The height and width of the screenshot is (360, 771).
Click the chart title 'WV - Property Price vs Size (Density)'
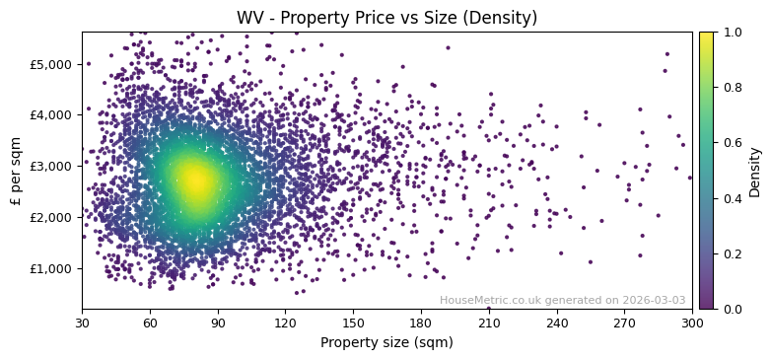click(x=386, y=18)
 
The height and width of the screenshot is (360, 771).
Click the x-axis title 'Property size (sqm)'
click(x=386, y=342)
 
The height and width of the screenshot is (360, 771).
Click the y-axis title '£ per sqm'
click(x=16, y=171)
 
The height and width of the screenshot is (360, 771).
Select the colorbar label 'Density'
click(x=754, y=171)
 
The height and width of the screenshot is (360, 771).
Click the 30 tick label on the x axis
click(x=82, y=322)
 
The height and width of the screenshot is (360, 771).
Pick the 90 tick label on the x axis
click(x=218, y=322)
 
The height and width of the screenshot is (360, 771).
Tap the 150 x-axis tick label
click(x=353, y=322)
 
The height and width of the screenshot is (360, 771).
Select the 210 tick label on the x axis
click(x=489, y=322)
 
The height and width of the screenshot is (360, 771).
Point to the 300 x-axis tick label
click(x=692, y=322)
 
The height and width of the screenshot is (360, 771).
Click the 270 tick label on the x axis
click(x=624, y=322)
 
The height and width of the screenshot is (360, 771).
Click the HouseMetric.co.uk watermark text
click(x=562, y=301)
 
